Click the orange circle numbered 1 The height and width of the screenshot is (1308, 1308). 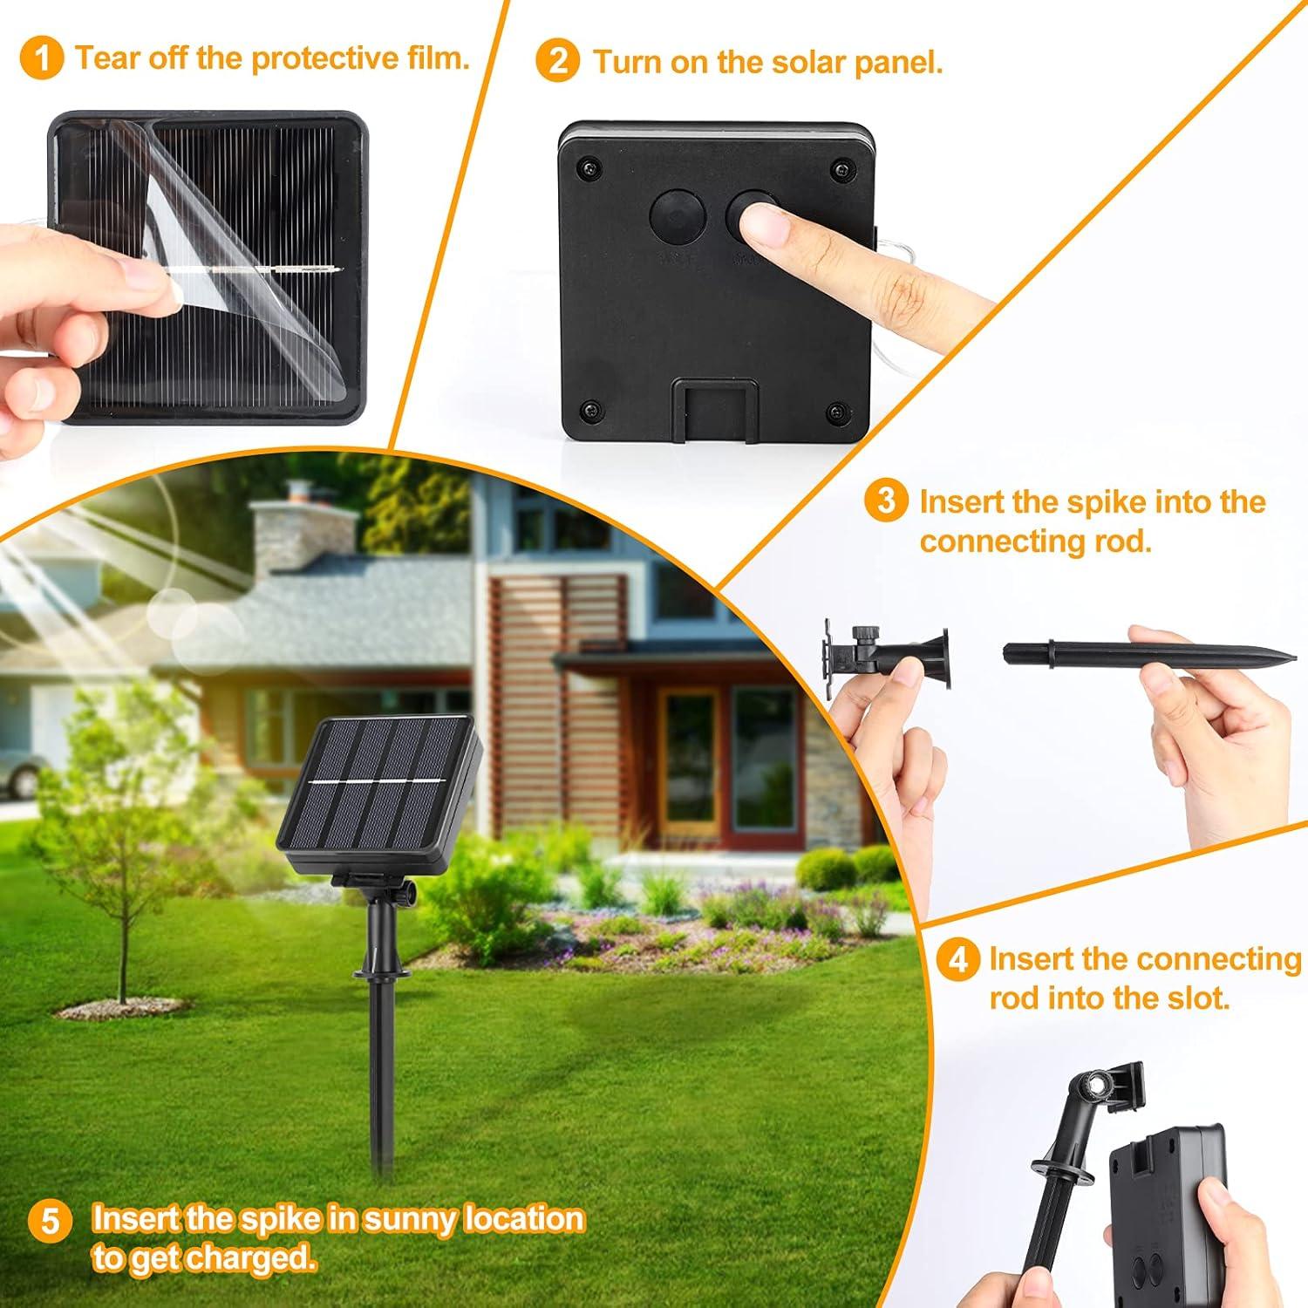pos(42,58)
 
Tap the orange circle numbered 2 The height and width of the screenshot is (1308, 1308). pos(558,62)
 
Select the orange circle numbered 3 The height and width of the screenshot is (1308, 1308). pos(886,502)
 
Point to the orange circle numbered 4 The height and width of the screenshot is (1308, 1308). pos(957,959)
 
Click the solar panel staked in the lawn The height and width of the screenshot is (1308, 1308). pos(379,785)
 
